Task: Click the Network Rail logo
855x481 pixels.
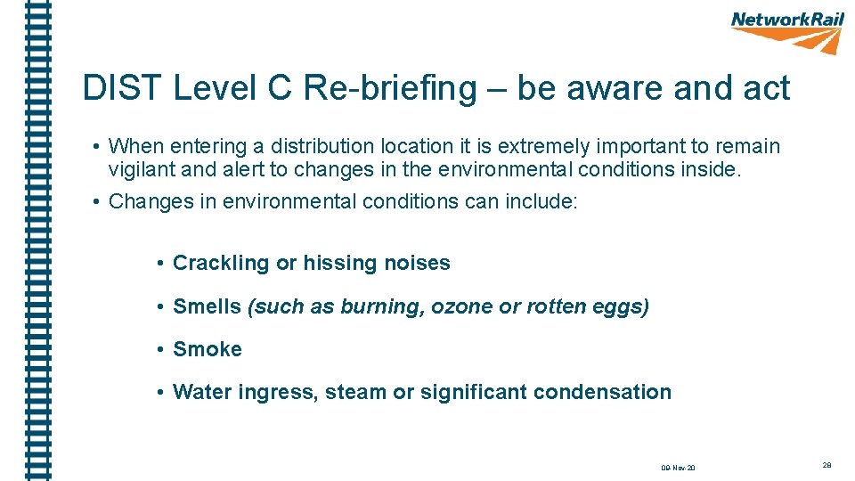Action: pos(787,31)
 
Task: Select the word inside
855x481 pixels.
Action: pos(711,169)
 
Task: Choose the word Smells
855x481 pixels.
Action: pos(207,307)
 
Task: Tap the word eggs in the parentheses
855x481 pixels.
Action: pos(623,307)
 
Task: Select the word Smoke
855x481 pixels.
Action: pos(208,350)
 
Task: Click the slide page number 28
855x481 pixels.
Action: pos(827,465)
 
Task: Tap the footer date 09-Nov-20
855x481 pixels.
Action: pos(678,468)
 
